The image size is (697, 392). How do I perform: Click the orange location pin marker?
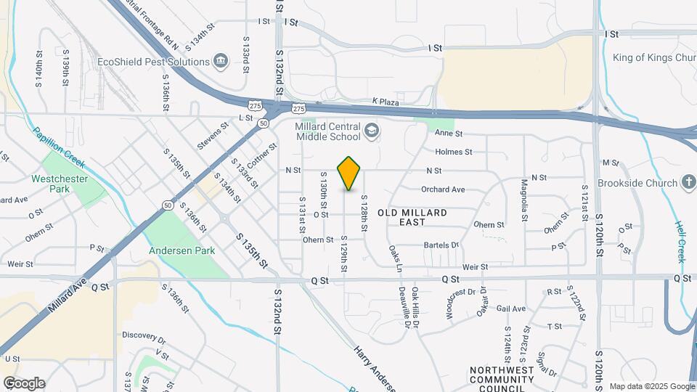pyautogui.click(x=349, y=173)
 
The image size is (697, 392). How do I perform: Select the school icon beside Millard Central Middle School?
pyautogui.click(x=372, y=130)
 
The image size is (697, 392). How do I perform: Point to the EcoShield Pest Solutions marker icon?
pyautogui.click(x=222, y=62)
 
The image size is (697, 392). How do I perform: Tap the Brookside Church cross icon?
pyautogui.click(x=688, y=183)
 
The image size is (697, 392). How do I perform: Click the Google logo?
pyautogui.click(x=24, y=383)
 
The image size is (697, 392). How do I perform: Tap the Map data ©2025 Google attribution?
pyautogui.click(x=651, y=386)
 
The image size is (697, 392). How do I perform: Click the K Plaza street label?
pyautogui.click(x=386, y=102)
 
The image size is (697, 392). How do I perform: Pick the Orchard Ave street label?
pyautogui.click(x=442, y=189)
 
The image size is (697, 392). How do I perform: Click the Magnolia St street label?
pyautogui.click(x=523, y=200)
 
